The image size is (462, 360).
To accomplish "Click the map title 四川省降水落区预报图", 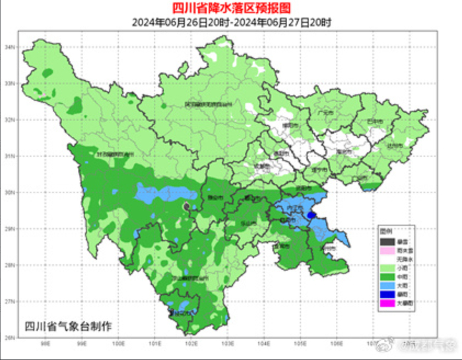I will pyautogui.click(x=231, y=8).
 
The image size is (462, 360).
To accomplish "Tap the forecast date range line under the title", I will pyautogui.click(x=231, y=21).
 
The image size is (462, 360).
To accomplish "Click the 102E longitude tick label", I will pyautogui.click(x=192, y=343).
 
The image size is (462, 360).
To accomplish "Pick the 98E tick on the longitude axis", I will pyautogui.click(x=46, y=343).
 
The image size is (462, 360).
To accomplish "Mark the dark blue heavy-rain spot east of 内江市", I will pyautogui.click(x=311, y=214).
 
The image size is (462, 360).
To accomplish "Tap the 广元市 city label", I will pyautogui.click(x=325, y=113).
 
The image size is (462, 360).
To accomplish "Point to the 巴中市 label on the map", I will pyautogui.click(x=374, y=122).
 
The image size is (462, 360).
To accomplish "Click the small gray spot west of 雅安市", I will pyautogui.click(x=186, y=207).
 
